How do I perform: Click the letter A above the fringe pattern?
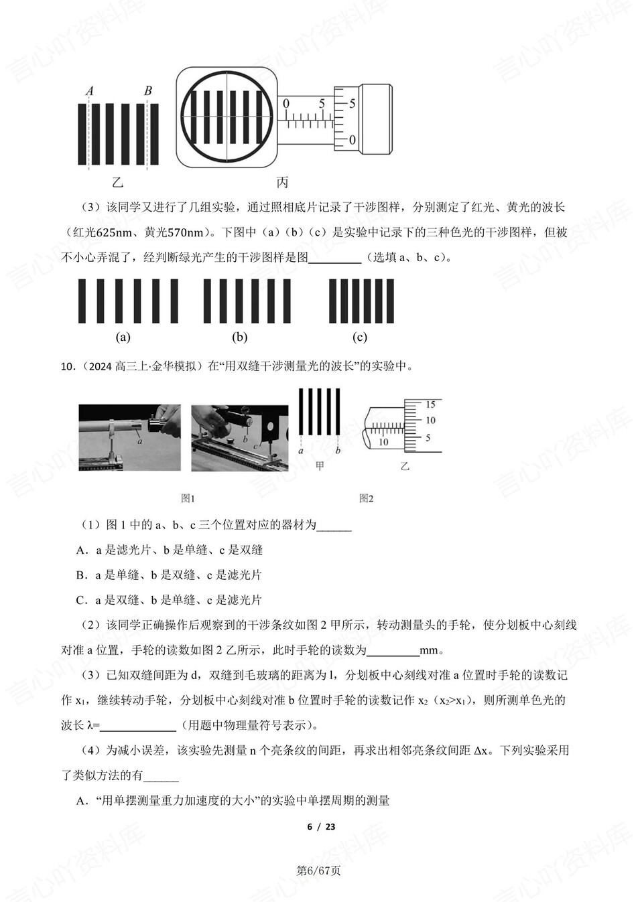point(90,91)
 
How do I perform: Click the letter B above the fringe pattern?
point(148,90)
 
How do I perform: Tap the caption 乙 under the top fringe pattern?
point(118,182)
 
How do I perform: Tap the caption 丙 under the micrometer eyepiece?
point(282,182)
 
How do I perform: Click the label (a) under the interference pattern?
point(123,337)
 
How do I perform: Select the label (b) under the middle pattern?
point(240,337)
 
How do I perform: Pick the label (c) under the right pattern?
point(360,337)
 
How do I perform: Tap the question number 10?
point(66,366)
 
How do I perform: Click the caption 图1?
point(188,498)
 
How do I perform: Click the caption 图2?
point(367,498)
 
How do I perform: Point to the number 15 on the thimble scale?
point(430,404)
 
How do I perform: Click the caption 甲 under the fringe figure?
point(320,466)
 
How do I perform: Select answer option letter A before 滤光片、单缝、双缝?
point(81,550)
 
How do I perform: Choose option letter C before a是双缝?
point(81,601)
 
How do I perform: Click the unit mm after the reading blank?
point(428,650)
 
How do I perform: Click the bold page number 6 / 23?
point(321,826)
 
